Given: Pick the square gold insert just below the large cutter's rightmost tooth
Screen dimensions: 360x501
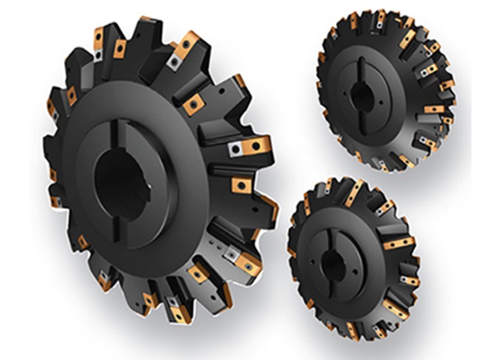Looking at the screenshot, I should point(241,185).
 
